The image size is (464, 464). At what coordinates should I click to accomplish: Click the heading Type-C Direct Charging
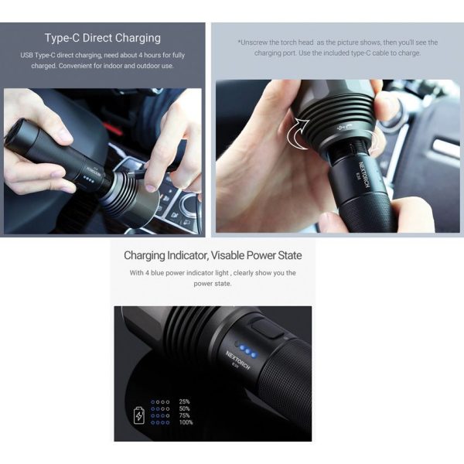point(103,38)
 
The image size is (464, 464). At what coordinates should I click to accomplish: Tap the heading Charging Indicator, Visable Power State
point(213,255)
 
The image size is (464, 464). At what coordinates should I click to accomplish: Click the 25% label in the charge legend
point(184,401)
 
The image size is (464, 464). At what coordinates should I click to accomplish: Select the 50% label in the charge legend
point(184,408)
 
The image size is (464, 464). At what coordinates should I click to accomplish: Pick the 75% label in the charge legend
point(184,415)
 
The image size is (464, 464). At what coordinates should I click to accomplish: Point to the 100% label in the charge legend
point(186,422)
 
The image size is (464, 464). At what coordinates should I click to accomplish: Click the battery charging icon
point(139,415)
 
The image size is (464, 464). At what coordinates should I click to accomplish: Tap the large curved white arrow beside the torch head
point(298,133)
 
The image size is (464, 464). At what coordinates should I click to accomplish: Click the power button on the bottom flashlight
point(268,328)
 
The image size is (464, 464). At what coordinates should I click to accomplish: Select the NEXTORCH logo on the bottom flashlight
point(237,360)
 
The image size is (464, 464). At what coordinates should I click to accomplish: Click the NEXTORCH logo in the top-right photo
point(364,174)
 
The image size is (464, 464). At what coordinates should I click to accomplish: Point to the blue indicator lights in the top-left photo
point(88,179)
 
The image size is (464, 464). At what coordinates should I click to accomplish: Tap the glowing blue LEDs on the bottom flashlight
point(248,351)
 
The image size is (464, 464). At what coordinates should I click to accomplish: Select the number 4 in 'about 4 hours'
point(141,56)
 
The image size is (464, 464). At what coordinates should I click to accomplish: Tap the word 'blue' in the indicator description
point(158,273)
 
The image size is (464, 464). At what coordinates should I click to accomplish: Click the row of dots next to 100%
point(160,422)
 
